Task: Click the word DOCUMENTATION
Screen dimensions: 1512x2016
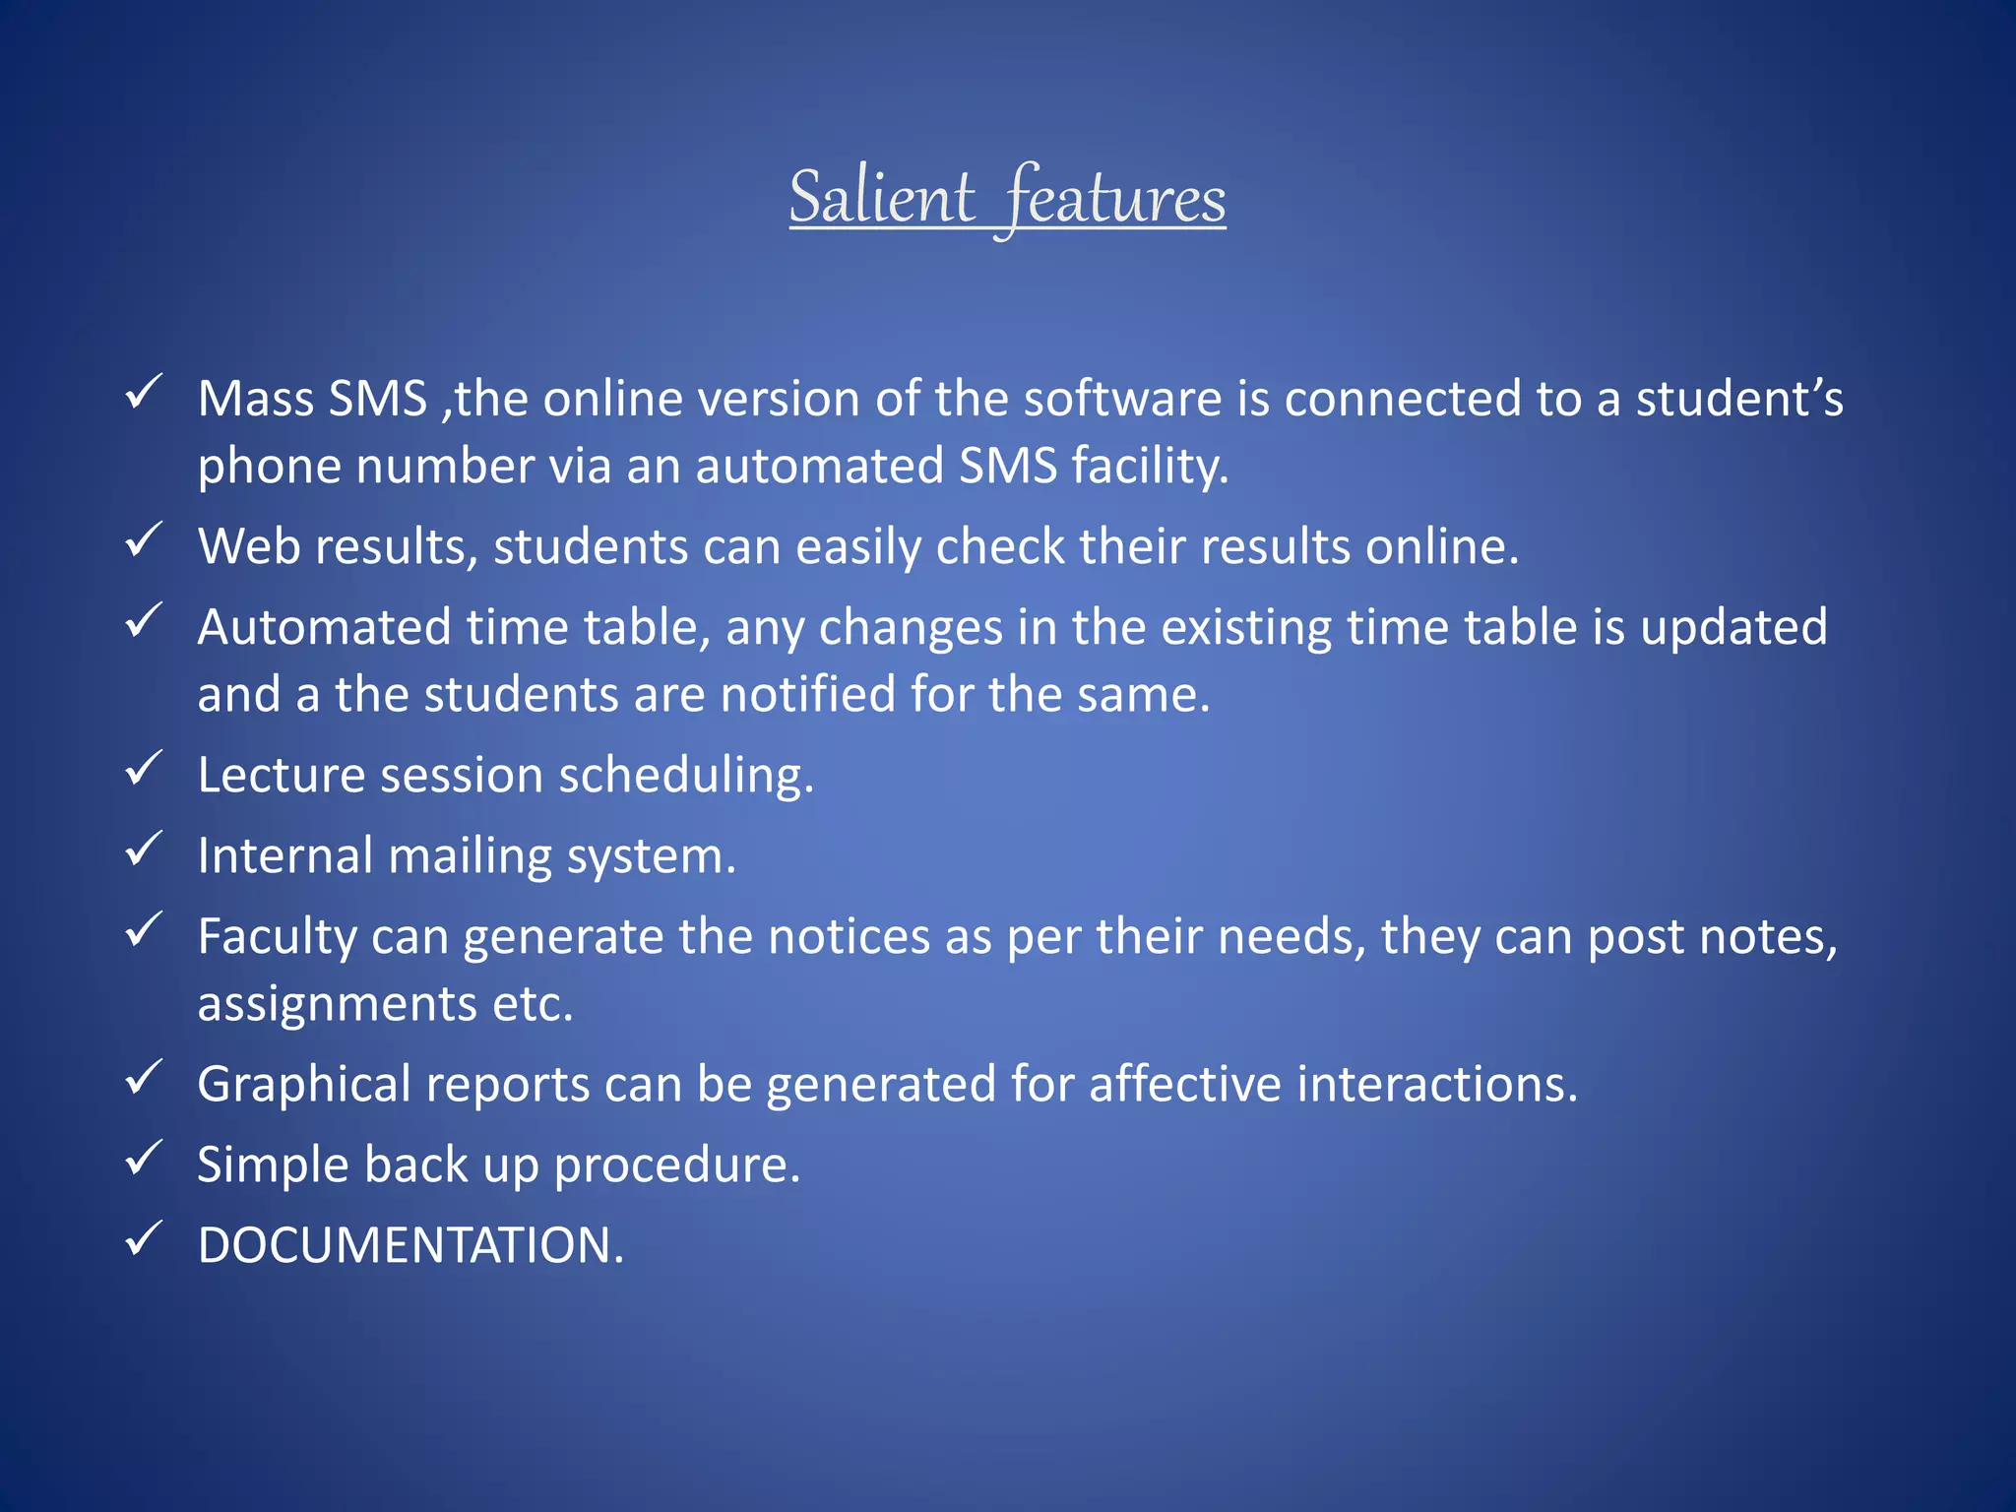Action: [x=410, y=1245]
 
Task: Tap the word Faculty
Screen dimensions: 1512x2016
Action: [x=277, y=937]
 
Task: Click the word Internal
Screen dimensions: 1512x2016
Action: [x=284, y=856]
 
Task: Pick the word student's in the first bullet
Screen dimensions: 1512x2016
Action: [x=1738, y=400]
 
